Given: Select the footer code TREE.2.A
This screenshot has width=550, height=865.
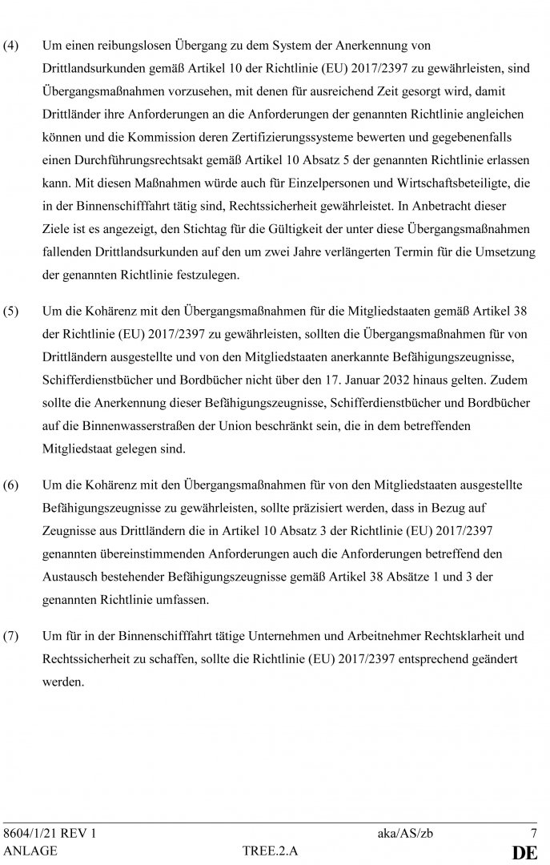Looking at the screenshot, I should point(270,851).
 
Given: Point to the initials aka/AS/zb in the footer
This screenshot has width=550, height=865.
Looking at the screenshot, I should point(406,833).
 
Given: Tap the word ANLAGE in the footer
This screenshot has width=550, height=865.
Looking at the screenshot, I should point(30,851).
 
